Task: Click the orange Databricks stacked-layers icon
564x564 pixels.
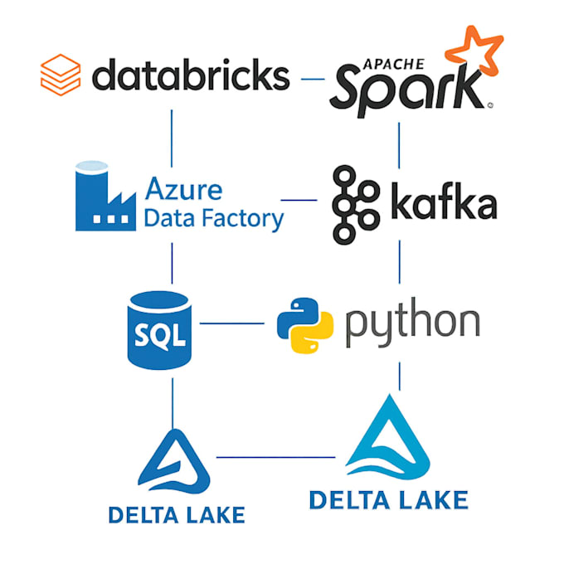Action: pyautogui.click(x=61, y=75)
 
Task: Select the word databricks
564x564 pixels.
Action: pyautogui.click(x=191, y=75)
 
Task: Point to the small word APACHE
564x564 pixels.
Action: pyautogui.click(x=393, y=64)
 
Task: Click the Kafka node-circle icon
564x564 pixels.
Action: pyautogui.click(x=356, y=205)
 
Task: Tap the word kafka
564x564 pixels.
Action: pyautogui.click(x=445, y=201)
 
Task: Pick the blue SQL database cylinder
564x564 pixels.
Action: pyautogui.click(x=159, y=330)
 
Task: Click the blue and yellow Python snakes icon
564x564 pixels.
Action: pyautogui.click(x=305, y=325)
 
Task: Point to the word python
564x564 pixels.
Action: pyautogui.click(x=412, y=323)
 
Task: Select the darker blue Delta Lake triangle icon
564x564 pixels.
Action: pyautogui.click(x=174, y=461)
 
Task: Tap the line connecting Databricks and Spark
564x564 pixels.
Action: pyautogui.click(x=313, y=79)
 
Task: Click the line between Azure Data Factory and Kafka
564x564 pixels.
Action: pyautogui.click(x=299, y=200)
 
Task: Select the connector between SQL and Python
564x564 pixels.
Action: pyautogui.click(x=232, y=323)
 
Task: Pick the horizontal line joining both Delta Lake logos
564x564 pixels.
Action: pyautogui.click(x=276, y=457)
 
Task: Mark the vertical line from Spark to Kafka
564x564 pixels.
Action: pyautogui.click(x=399, y=146)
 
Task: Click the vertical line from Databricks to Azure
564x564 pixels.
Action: pyautogui.click(x=172, y=139)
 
